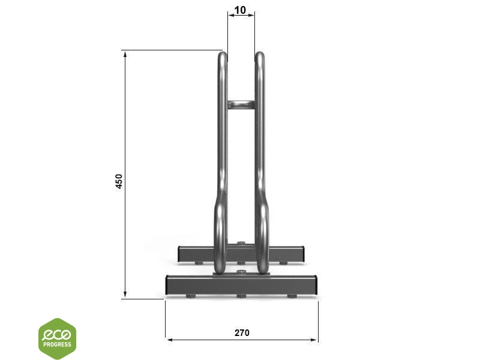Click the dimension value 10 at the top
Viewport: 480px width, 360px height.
(240, 10)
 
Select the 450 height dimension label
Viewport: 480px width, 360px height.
(119, 181)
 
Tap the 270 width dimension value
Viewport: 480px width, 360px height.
(242, 333)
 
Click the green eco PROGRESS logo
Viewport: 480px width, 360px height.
(57, 338)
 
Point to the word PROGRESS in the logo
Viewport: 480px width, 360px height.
(57, 344)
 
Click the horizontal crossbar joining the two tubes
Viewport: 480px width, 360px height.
(241, 104)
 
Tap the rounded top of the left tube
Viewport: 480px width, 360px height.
(223, 56)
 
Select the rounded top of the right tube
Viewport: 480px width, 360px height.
(260, 56)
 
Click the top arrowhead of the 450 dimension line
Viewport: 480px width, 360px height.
(125, 55)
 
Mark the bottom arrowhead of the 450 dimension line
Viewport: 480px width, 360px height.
(125, 293)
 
